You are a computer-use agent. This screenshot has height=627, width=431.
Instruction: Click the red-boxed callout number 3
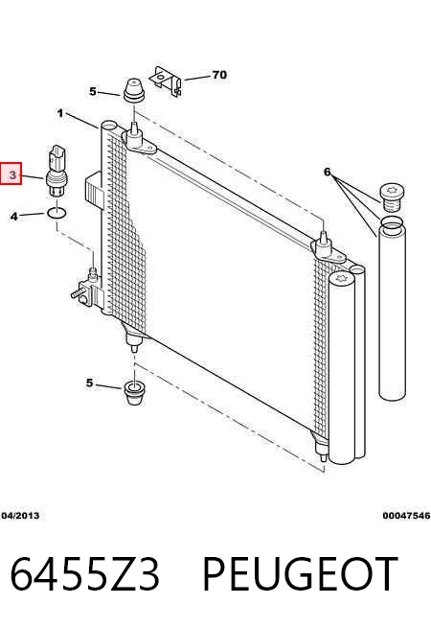click(12, 174)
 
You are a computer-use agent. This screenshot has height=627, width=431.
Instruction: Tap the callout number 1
click(60, 113)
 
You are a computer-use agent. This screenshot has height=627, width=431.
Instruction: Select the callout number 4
click(14, 217)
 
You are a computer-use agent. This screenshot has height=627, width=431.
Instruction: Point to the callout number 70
click(219, 75)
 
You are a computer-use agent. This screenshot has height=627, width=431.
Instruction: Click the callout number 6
click(328, 172)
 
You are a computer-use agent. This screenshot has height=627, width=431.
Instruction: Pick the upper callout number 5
click(93, 92)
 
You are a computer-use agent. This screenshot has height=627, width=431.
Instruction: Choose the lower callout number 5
click(89, 383)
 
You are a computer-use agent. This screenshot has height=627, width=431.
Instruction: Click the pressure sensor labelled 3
click(57, 172)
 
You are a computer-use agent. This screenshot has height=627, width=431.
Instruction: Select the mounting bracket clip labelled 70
click(166, 81)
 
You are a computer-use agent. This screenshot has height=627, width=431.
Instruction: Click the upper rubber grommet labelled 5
click(133, 90)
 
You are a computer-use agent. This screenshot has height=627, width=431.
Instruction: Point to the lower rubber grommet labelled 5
click(134, 393)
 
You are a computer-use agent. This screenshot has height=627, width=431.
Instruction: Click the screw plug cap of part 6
click(392, 197)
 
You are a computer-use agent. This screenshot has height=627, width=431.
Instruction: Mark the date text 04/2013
click(20, 516)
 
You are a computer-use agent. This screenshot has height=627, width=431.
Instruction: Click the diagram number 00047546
click(406, 516)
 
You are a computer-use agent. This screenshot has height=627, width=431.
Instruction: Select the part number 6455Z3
click(84, 573)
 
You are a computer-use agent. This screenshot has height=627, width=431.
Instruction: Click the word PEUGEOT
click(301, 573)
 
